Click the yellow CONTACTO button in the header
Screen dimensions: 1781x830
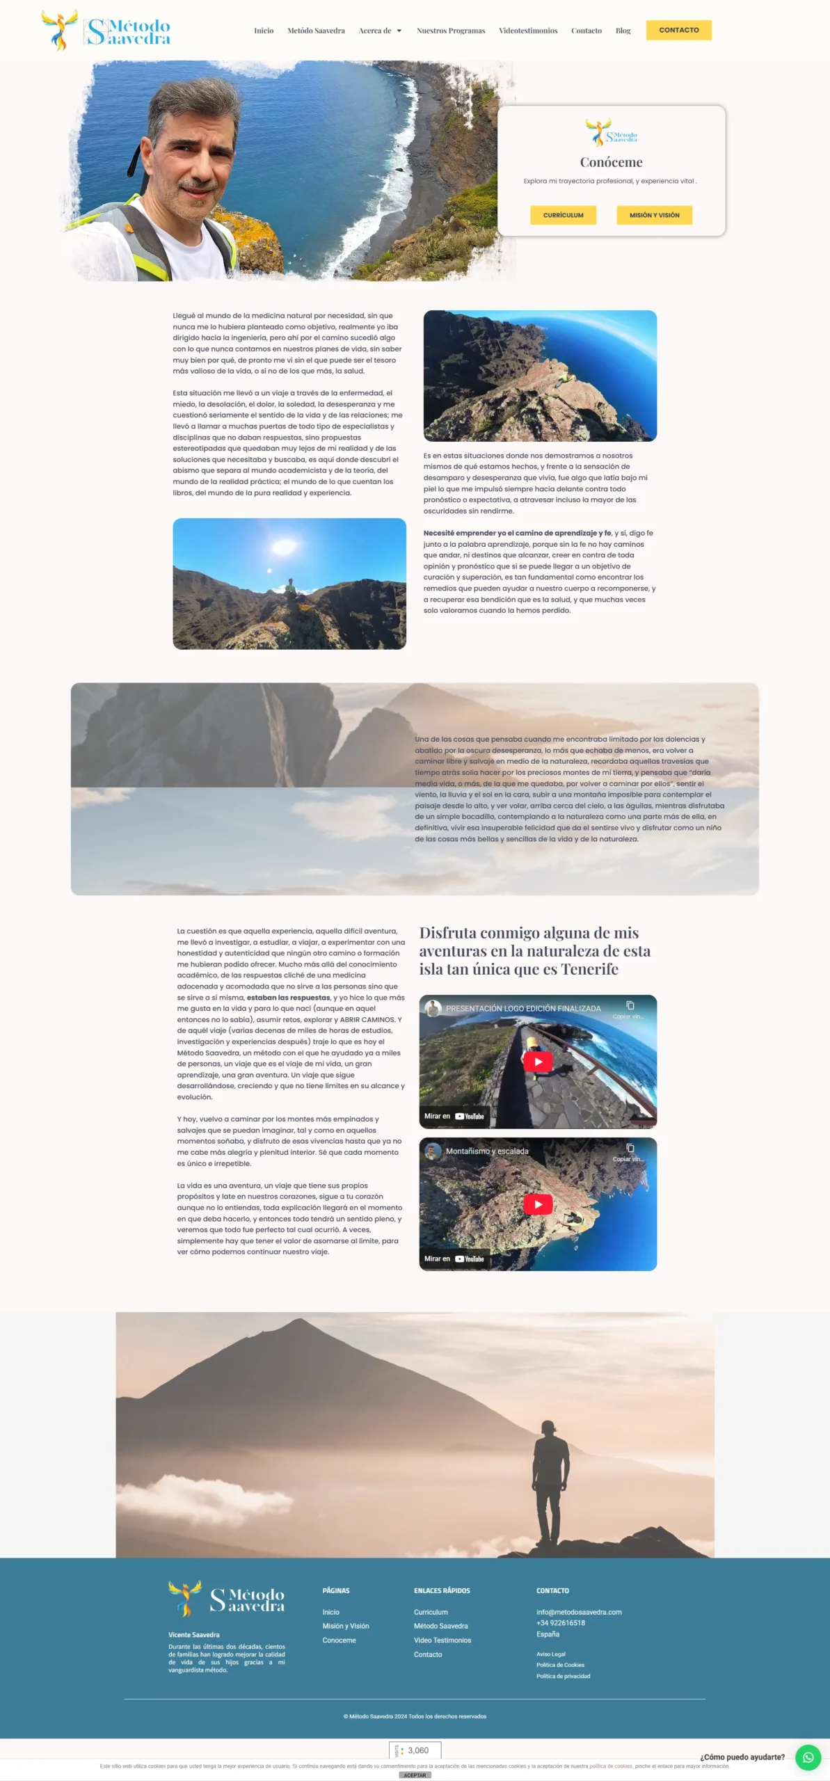tap(678, 30)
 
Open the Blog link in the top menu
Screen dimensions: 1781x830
tap(623, 31)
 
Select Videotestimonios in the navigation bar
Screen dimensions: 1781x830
tap(528, 31)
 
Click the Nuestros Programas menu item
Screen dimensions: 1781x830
tap(451, 31)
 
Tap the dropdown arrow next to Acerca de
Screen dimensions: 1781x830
tap(399, 31)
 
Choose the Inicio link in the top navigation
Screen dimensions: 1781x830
tap(264, 31)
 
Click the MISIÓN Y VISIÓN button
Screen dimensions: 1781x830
tap(654, 215)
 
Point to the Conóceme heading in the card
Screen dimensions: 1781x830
tap(611, 162)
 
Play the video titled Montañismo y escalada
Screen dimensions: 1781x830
tap(538, 1204)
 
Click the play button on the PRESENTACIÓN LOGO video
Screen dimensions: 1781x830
tap(538, 1061)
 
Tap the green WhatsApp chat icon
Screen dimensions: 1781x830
tap(808, 1757)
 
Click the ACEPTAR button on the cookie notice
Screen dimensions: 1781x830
tap(415, 1775)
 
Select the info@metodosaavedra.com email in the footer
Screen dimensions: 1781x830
tap(579, 1611)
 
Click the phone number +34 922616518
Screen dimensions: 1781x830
tap(560, 1622)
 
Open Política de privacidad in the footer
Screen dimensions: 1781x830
tap(563, 1676)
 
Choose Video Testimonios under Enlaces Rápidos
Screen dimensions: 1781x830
tap(442, 1640)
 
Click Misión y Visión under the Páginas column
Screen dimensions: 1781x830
tap(346, 1626)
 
